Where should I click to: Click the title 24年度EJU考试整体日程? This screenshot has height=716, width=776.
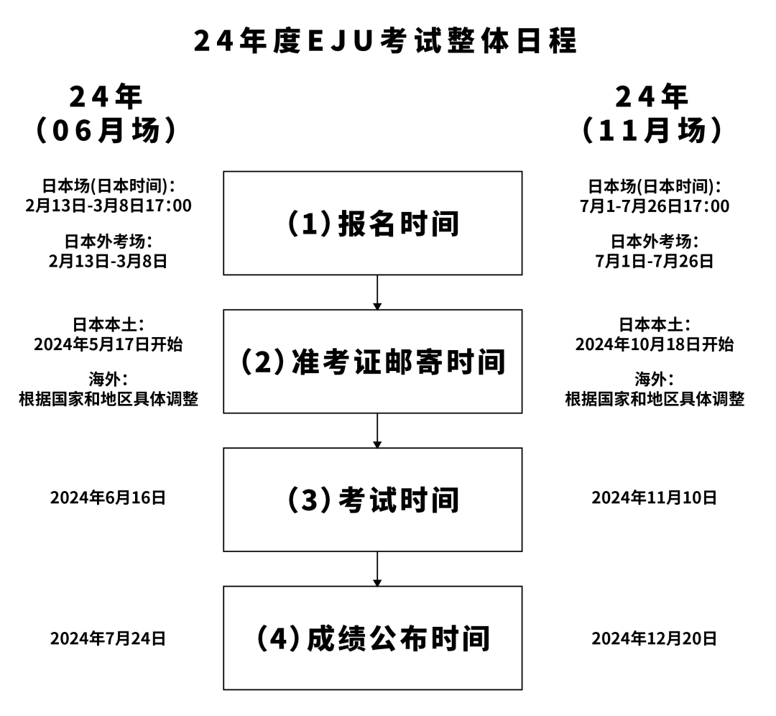pyautogui.click(x=386, y=41)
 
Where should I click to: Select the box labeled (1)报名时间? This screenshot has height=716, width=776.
pyautogui.click(x=372, y=224)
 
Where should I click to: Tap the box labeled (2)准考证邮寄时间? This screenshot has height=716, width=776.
pyautogui.click(x=372, y=362)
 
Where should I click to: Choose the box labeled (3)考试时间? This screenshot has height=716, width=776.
pyautogui.click(x=372, y=500)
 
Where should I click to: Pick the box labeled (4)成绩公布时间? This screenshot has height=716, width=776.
pyautogui.click(x=372, y=638)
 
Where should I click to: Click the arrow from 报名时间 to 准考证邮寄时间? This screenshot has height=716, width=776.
pyautogui.click(x=377, y=292)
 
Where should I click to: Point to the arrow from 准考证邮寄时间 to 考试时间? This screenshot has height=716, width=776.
pyautogui.click(x=377, y=430)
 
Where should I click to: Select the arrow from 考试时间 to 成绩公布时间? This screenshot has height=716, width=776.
pyautogui.click(x=377, y=569)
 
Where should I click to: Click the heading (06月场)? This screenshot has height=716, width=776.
pyautogui.click(x=106, y=131)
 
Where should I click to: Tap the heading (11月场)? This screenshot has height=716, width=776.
pyautogui.click(x=652, y=131)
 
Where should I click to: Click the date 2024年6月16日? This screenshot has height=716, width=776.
pyautogui.click(x=108, y=497)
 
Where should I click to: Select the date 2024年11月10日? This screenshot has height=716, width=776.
pyautogui.click(x=654, y=497)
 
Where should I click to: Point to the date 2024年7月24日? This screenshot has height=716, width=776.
pyautogui.click(x=108, y=638)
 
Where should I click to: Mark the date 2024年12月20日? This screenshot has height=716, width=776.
pyautogui.click(x=654, y=638)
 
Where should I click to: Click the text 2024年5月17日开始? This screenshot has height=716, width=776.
pyautogui.click(x=108, y=344)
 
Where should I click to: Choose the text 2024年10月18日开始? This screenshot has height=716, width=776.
pyautogui.click(x=654, y=344)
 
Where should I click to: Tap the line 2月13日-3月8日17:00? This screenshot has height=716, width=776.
pyautogui.click(x=108, y=206)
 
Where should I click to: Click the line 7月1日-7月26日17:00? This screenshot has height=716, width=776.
pyautogui.click(x=654, y=206)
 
